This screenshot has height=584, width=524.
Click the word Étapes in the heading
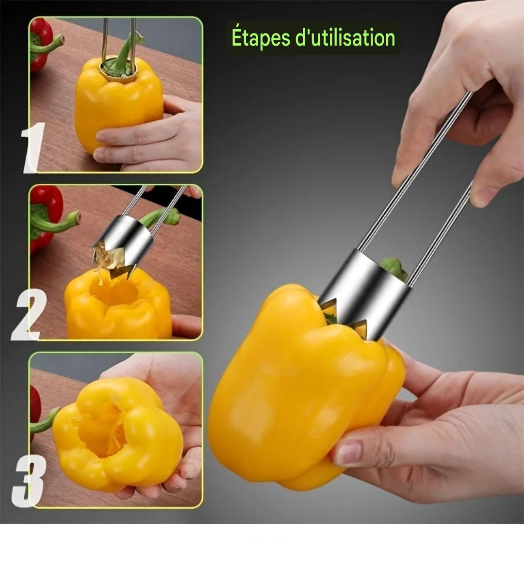pyautogui.click(x=261, y=38)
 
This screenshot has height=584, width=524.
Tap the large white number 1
pyautogui.click(x=33, y=148)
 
